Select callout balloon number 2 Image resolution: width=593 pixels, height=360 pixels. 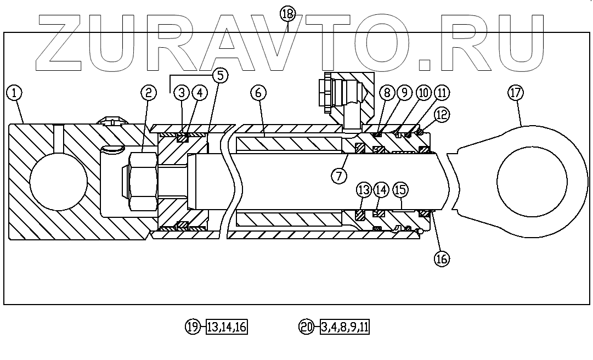coord(148,93)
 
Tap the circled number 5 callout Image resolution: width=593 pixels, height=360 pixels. coord(220,76)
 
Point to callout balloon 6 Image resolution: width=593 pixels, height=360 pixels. coord(258,93)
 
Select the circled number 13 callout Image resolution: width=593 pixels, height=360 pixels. coord(364,190)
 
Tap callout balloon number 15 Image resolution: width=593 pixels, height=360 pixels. coord(400,190)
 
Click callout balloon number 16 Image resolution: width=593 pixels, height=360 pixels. coord(442,258)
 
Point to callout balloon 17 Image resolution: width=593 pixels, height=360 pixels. coord(515,93)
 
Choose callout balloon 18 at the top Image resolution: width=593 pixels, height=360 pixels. coord(287,14)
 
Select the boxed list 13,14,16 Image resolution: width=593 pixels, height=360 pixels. coord(227,327)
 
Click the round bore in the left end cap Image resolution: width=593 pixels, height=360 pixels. coord(58,182)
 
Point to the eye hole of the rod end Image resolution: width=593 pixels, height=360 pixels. coord(532,182)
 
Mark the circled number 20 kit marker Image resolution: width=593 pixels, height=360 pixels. coord(306,327)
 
